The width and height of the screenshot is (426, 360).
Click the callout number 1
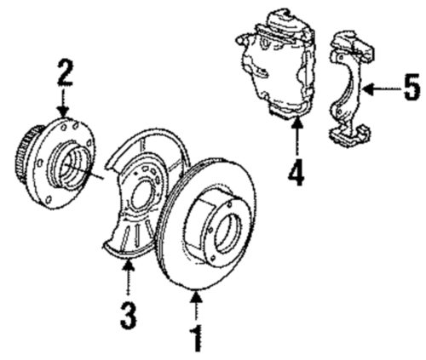[197, 338]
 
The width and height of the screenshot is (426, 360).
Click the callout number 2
[63, 71]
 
